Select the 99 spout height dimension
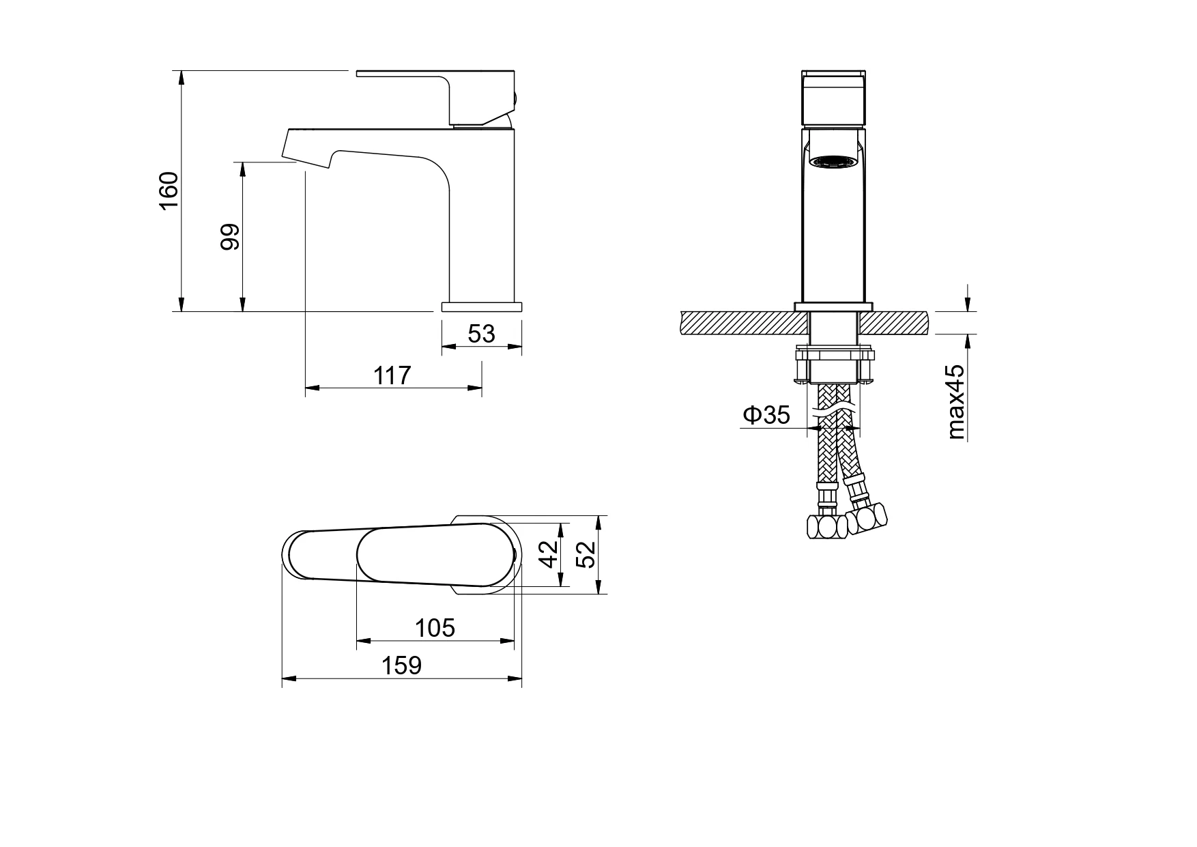tap(231, 237)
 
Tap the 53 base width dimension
tap(481, 333)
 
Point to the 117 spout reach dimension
tap(392, 375)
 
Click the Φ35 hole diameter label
tap(766, 414)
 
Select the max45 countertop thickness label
tap(955, 401)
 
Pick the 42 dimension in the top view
tap(549, 554)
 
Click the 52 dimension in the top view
tap(586, 554)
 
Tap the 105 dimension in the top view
tap(435, 627)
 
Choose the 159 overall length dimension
tap(401, 665)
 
